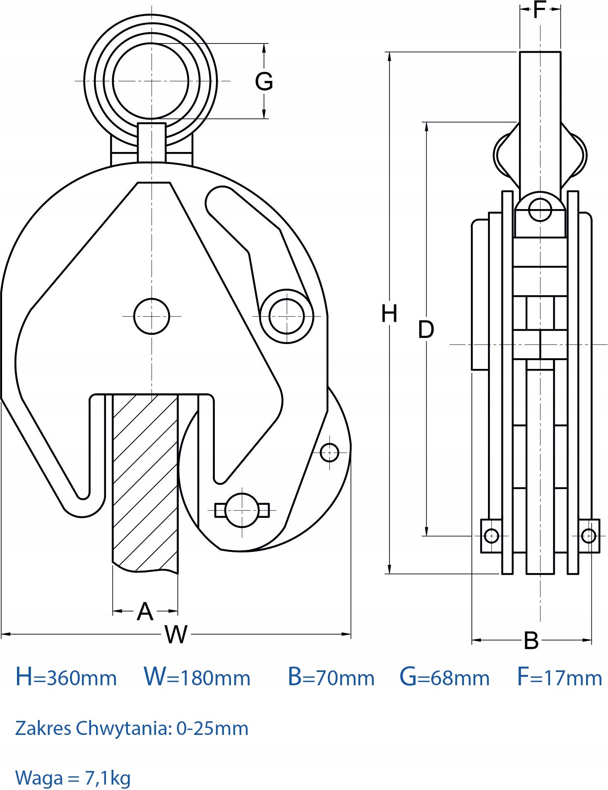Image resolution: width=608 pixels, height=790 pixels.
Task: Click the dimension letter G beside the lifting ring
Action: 264,81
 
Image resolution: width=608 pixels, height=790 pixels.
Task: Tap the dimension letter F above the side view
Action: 539,10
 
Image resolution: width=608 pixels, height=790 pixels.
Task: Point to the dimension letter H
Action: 389,313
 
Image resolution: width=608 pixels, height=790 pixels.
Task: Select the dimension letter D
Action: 426,330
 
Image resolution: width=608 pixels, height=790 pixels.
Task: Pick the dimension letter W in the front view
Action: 176,634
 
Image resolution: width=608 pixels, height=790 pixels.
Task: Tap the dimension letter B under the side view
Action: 531,641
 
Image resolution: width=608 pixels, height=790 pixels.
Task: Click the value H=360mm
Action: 66,677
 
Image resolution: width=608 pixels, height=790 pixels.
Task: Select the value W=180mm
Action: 197,677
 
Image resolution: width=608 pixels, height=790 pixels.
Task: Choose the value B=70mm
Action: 331,677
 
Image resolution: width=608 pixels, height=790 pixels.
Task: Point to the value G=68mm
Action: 444,677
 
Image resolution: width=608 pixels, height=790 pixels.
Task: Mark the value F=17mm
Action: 560,677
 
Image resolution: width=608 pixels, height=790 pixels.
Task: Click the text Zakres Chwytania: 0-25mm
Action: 132,728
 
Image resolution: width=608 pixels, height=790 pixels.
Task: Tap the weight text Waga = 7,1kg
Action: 73,778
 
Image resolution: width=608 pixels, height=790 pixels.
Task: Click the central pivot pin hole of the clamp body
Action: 152,316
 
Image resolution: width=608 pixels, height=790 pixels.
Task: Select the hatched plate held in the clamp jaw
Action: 145,480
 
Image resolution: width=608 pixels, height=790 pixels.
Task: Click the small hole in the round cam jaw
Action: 329,453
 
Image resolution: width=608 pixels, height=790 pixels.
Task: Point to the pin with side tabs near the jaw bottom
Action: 242,510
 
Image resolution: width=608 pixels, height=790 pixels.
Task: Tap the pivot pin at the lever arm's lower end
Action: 286,316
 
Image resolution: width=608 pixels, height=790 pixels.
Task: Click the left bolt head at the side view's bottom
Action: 491,536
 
